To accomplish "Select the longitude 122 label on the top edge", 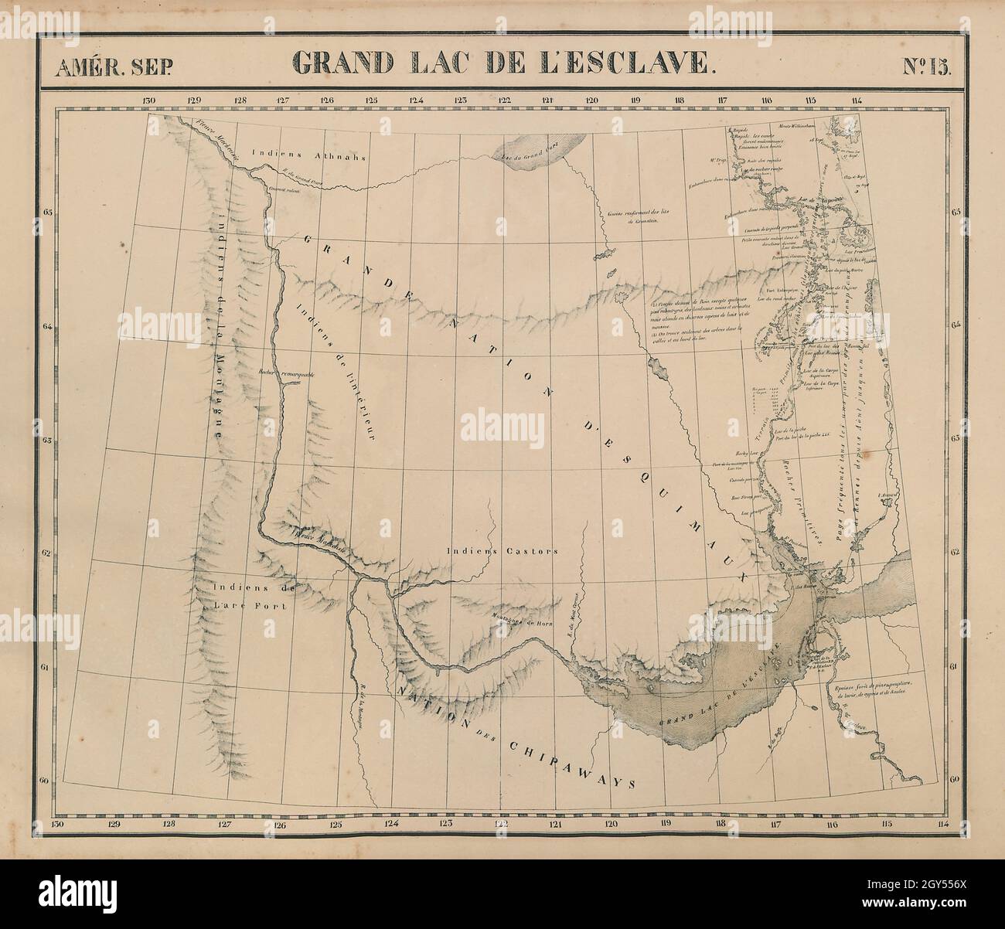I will point(505,100).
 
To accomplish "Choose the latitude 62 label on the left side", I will point(47,553).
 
